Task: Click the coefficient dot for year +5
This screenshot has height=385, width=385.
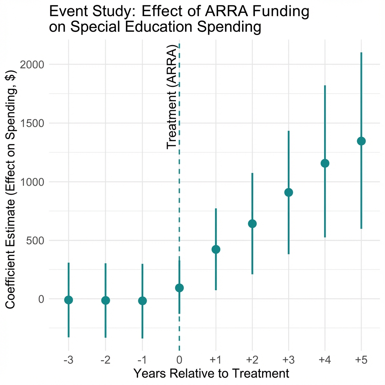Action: click(x=361, y=141)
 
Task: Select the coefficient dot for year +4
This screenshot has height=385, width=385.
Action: click(x=325, y=163)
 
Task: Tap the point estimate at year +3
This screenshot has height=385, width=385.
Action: click(x=288, y=192)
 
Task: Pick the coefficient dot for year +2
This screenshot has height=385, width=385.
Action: click(x=252, y=224)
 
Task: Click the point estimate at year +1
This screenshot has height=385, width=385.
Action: click(x=216, y=249)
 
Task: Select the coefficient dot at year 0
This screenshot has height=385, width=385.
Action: click(x=179, y=288)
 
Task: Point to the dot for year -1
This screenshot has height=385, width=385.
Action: click(x=142, y=301)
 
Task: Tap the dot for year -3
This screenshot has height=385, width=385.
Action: click(x=68, y=300)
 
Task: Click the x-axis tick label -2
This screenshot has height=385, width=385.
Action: click(x=105, y=360)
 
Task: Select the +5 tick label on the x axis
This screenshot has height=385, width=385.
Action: click(x=361, y=360)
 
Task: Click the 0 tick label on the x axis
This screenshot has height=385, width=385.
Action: click(x=179, y=360)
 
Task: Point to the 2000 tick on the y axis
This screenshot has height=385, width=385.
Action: click(x=31, y=64)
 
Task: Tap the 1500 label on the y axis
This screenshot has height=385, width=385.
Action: click(x=31, y=123)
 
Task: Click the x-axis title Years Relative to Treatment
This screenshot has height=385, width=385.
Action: click(x=211, y=374)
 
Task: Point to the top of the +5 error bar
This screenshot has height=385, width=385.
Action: click(x=361, y=53)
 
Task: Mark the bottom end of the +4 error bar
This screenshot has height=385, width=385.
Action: click(x=325, y=237)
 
